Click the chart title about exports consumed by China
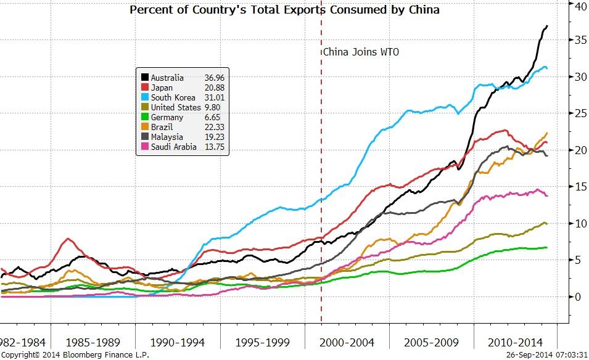[284, 10]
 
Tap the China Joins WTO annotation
[361, 52]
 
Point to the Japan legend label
[162, 88]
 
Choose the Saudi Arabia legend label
[173, 147]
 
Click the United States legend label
[176, 107]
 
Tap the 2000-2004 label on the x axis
[347, 342]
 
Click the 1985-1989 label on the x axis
[93, 342]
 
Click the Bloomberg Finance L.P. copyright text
[75, 355]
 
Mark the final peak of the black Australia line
[547, 26]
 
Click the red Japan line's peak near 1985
[68, 239]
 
